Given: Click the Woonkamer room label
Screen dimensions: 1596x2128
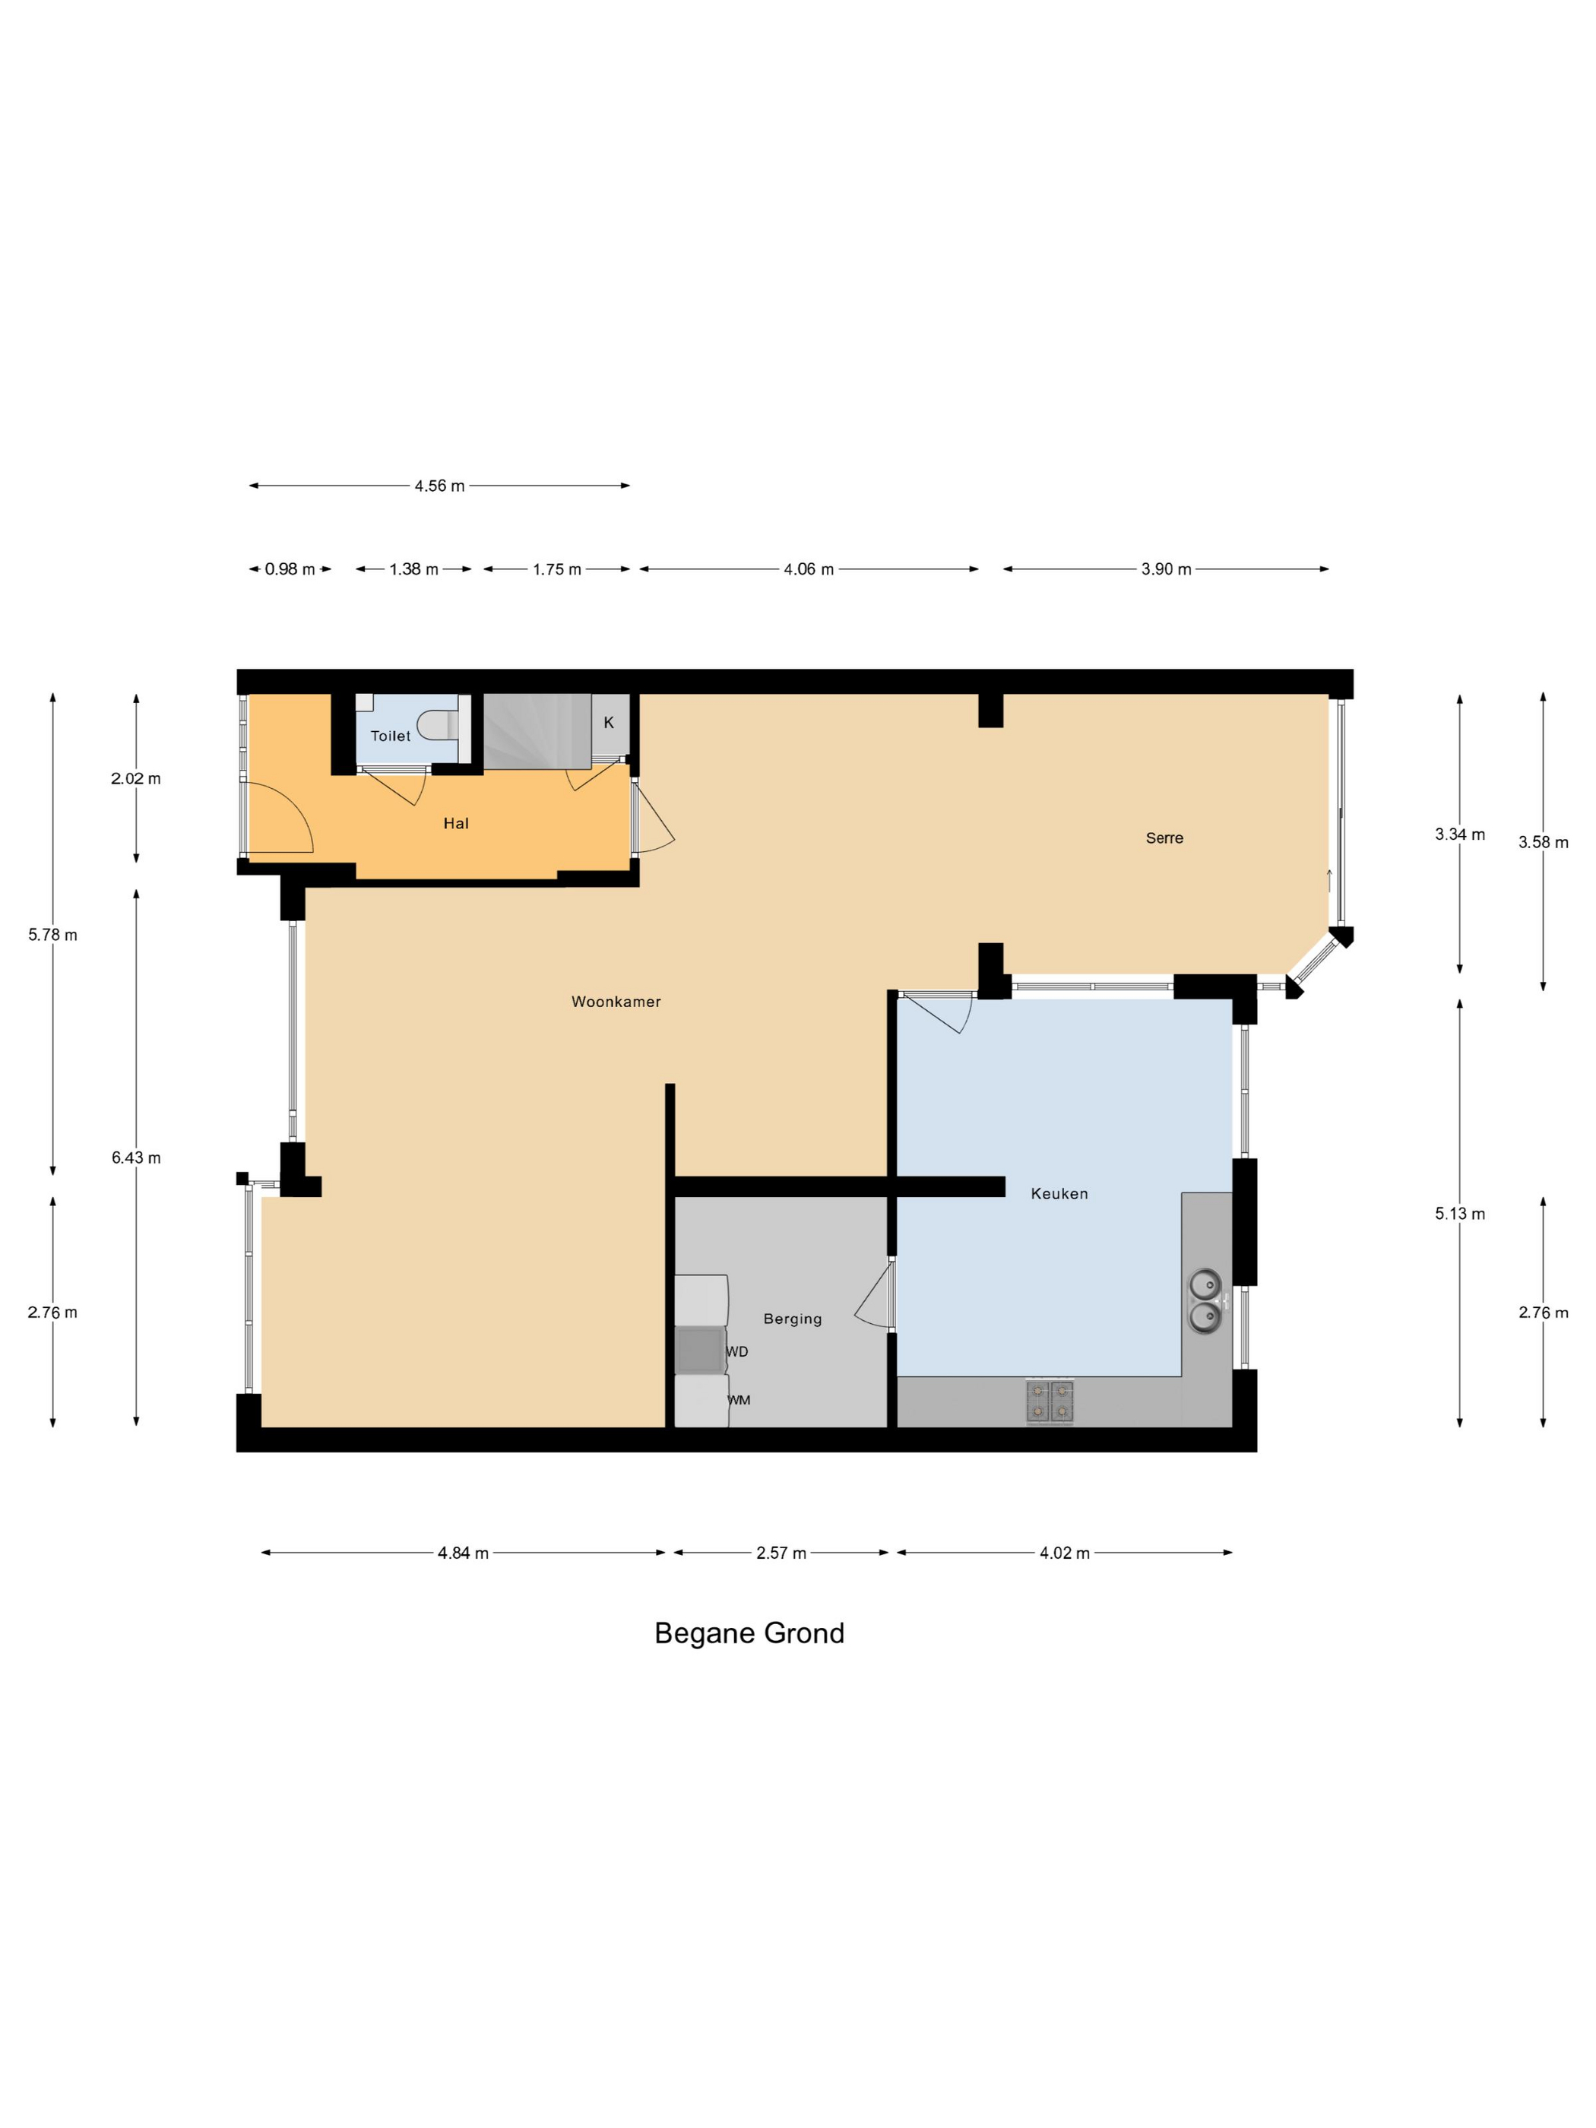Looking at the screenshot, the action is pyautogui.click(x=616, y=1002).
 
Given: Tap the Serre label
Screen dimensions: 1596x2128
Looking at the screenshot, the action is pyautogui.click(x=1164, y=838).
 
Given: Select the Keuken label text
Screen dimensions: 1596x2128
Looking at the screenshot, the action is pyautogui.click(x=1059, y=1193).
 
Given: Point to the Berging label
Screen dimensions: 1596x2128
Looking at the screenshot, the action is pyautogui.click(x=793, y=1319).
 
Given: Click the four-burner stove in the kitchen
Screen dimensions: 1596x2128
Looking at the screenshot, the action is pyautogui.click(x=1050, y=1401).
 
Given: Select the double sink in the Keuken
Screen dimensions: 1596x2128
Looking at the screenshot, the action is pyautogui.click(x=1205, y=1300).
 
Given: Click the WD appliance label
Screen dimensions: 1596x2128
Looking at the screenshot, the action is pyautogui.click(x=737, y=1351).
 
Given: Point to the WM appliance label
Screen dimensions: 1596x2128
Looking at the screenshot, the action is pyautogui.click(x=739, y=1400).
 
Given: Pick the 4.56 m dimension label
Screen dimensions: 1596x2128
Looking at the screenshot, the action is pyautogui.click(x=439, y=486).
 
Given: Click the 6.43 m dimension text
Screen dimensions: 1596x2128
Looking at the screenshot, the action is pyautogui.click(x=135, y=1157).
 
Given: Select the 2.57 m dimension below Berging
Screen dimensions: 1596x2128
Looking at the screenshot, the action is pyautogui.click(x=781, y=1553).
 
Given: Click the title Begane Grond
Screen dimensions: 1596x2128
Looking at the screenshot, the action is pyautogui.click(x=749, y=1633).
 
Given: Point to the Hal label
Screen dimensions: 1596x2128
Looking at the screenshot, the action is pyautogui.click(x=456, y=824).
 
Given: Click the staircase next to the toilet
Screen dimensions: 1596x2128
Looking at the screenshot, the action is pyautogui.click(x=537, y=731).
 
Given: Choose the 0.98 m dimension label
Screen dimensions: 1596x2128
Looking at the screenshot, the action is pyautogui.click(x=290, y=569).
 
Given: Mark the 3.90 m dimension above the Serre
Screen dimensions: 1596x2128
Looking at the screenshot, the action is pyautogui.click(x=1166, y=569).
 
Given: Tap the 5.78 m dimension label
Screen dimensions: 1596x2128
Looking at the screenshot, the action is pyautogui.click(x=53, y=934).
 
